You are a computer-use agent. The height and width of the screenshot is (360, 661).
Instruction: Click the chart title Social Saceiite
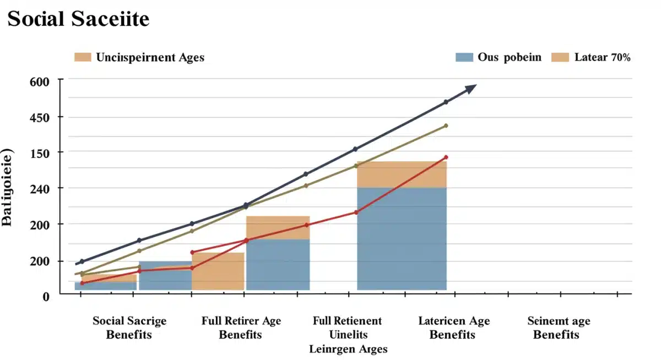[x=78, y=19]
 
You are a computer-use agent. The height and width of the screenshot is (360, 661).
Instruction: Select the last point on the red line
[x=446, y=157]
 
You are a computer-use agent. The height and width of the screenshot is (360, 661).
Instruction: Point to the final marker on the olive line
[x=446, y=126]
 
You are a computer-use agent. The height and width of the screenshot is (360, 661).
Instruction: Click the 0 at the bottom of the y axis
[x=46, y=296]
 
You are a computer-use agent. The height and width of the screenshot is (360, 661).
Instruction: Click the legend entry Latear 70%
[x=602, y=57]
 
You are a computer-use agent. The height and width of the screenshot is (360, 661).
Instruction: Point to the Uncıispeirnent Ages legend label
[x=150, y=57]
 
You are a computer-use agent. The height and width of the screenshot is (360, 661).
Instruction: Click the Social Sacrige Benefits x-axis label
[x=129, y=328]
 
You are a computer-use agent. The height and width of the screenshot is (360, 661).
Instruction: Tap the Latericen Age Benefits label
[x=453, y=328]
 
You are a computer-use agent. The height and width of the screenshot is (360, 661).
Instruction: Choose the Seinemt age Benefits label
[x=559, y=328]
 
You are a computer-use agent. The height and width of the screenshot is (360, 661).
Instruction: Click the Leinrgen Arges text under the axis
[x=348, y=349]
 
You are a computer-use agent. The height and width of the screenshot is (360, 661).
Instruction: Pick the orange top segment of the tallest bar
[x=402, y=174]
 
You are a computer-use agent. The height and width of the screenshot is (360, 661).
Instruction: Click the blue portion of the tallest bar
[x=402, y=238]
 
